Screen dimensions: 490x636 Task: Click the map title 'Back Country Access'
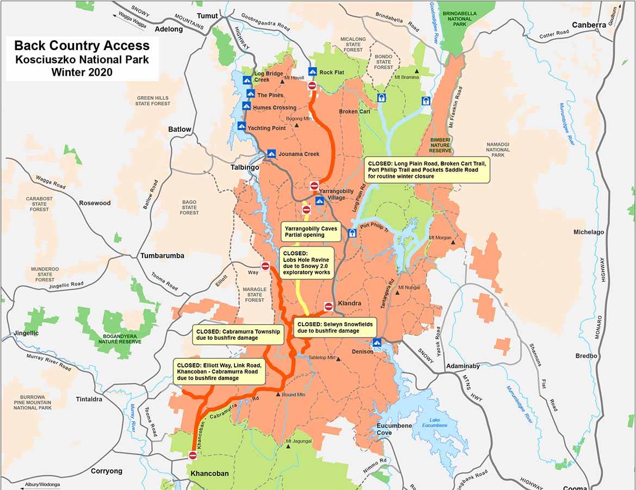point(82,46)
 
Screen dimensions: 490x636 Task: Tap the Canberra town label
point(589,25)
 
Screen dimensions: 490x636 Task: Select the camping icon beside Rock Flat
point(312,72)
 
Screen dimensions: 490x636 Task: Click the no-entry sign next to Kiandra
point(329,307)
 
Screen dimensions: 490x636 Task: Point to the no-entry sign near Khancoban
point(193,455)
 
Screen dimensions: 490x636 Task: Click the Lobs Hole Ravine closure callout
point(307,263)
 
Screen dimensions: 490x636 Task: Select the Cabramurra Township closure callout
point(238,334)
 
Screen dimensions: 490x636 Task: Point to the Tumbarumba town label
point(162,255)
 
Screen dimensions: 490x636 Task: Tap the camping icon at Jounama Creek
point(271,154)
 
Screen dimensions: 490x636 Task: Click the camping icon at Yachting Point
point(242,127)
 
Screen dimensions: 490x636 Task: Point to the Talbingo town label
point(244,167)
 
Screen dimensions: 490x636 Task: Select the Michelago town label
point(589,232)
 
